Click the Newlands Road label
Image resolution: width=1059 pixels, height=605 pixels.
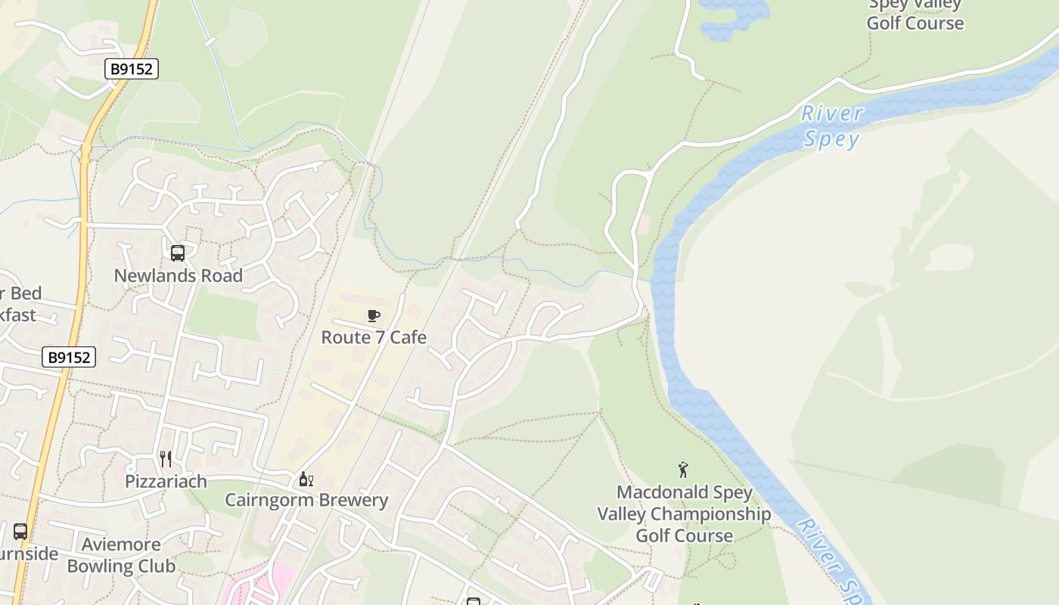point(179,276)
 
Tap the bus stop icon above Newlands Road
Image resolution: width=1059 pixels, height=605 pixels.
point(178,253)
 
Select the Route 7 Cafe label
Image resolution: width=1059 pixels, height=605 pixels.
point(374,337)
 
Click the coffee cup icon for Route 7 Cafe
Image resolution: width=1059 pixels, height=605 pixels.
point(373,315)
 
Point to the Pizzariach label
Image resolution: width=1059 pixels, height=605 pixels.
point(166,482)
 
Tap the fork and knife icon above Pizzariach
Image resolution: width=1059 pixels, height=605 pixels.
point(166,458)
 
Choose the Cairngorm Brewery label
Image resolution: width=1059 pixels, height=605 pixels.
point(306,500)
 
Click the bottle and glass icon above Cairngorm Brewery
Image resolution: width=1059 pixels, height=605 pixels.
point(306,479)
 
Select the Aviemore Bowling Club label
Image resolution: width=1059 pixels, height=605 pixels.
point(121,555)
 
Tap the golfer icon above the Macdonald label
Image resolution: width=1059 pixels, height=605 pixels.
point(684,470)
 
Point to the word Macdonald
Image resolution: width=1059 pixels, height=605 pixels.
point(651,493)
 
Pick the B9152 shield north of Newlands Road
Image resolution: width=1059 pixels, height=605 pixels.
point(131,70)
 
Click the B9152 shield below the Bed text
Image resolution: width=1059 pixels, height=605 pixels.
point(69,358)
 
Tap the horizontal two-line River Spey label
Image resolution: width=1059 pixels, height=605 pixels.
point(832,126)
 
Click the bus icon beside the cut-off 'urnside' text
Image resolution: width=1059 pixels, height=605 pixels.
point(20,532)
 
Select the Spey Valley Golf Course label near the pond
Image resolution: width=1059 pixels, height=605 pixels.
point(915,15)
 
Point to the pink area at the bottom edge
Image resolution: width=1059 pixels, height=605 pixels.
point(253,586)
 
